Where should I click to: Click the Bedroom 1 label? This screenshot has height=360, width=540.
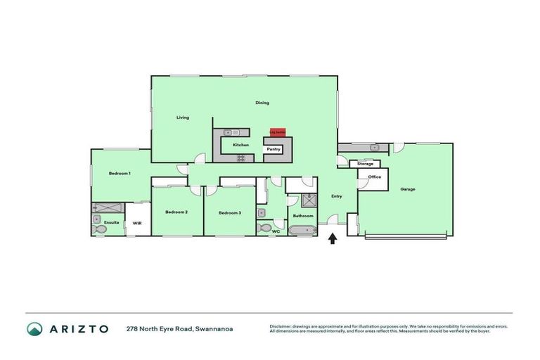[120, 173]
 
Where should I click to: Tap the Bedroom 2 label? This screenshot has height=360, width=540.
[176, 212]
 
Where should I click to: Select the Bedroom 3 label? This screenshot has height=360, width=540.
[229, 212]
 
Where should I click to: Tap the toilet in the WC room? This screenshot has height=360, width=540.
[263, 228]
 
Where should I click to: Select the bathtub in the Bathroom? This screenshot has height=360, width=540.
[303, 230]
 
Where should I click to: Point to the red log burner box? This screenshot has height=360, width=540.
[277, 131]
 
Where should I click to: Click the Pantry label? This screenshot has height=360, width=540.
[274, 149]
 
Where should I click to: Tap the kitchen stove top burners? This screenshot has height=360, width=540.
[241, 158]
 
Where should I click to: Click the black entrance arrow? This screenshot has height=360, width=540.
[333, 239]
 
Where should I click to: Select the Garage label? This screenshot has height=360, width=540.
[408, 189]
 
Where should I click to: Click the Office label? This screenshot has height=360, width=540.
[375, 177]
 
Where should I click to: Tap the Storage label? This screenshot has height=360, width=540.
[365, 164]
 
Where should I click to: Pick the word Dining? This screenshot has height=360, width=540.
[262, 103]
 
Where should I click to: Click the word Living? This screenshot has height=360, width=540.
[183, 117]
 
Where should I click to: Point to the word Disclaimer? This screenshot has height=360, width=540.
[281, 326]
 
